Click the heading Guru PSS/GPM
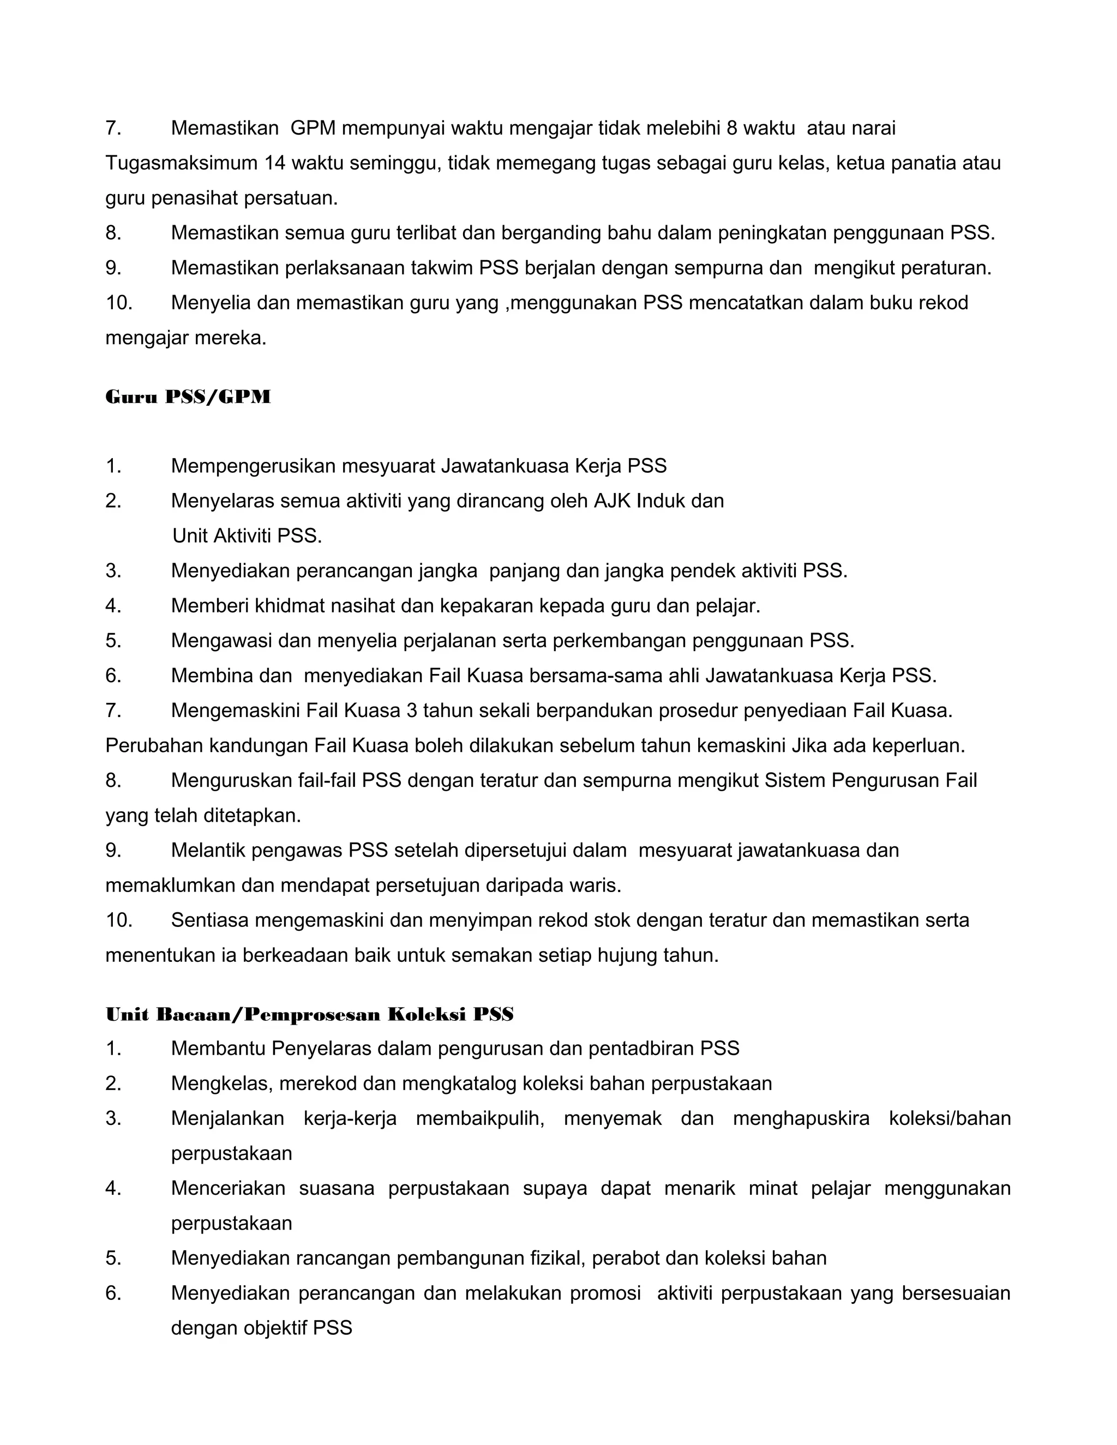click(x=188, y=397)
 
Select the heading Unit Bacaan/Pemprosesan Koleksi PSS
click(x=309, y=1014)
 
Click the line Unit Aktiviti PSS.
click(x=247, y=535)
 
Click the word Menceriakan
click(x=227, y=1188)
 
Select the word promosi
click(x=605, y=1293)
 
